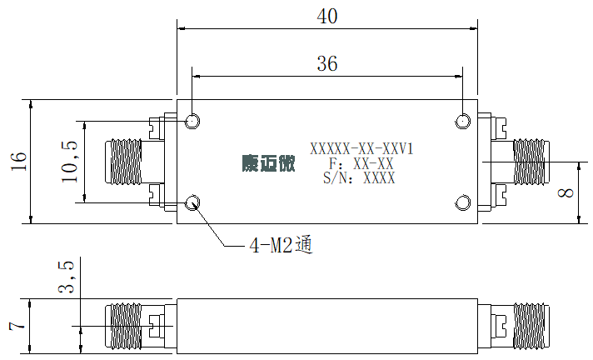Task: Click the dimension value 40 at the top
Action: pyautogui.click(x=327, y=17)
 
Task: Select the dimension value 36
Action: pyautogui.click(x=327, y=63)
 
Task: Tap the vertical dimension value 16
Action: pyautogui.click(x=19, y=162)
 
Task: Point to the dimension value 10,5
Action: pyautogui.click(x=70, y=162)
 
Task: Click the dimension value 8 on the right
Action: pyautogui.click(x=566, y=193)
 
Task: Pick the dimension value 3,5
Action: pyautogui.click(x=67, y=277)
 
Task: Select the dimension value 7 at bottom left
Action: pyautogui.click(x=17, y=326)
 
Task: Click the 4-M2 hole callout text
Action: pyautogui.click(x=282, y=246)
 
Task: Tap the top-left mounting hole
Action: pyautogui.click(x=192, y=121)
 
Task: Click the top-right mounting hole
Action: pyautogui.click(x=462, y=121)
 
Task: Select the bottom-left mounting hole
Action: pyautogui.click(x=192, y=202)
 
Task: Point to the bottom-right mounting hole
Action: pyautogui.click(x=462, y=202)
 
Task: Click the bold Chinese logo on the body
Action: pyautogui.click(x=268, y=163)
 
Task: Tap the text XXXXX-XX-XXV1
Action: pyautogui.click(x=361, y=149)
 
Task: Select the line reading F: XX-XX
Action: pyautogui.click(x=361, y=163)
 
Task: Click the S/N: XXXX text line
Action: pyautogui.click(x=359, y=178)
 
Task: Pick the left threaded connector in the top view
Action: pyautogui.click(x=123, y=162)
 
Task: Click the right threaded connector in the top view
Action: pyautogui.click(x=531, y=162)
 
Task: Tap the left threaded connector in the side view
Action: pyautogui.click(x=123, y=326)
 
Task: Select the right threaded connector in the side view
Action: pyautogui.click(x=531, y=326)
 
